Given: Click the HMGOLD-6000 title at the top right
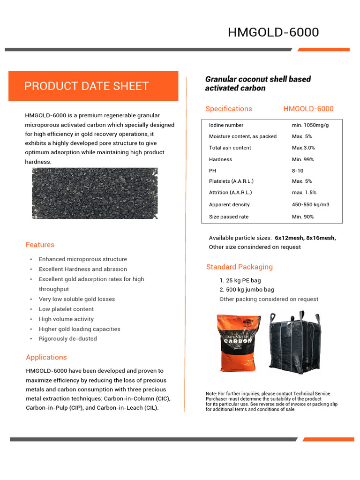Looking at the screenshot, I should tap(273, 32).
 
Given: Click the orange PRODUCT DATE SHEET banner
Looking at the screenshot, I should tap(93, 86).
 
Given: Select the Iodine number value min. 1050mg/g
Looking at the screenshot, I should tap(310, 125).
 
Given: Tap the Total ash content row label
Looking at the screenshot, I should tap(230, 148).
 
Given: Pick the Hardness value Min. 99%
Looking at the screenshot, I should tap(302, 159).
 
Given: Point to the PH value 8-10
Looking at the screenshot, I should tap(298, 171).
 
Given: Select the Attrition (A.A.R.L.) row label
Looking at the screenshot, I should tap(230, 192).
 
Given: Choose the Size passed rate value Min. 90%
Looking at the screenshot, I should tap(302, 217).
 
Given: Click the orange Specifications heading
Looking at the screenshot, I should tap(229, 109).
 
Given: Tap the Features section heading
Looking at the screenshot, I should tap(40, 245).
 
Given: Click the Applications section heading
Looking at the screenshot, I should tap(46, 357).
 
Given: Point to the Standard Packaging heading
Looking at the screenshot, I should tap(239, 267).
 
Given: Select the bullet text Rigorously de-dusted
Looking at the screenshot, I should tap(67, 338).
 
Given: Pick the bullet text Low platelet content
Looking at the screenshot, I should tap(66, 309).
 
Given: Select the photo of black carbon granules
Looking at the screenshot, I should tap(95, 193).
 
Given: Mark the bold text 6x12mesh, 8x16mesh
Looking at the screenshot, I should tap(305, 238).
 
